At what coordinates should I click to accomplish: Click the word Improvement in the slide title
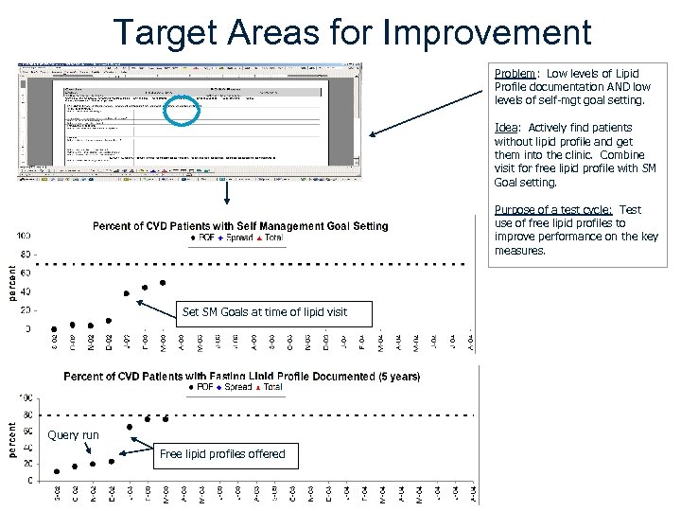(x=487, y=32)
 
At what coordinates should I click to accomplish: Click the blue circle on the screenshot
(x=182, y=111)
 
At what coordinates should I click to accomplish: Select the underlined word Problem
(x=515, y=74)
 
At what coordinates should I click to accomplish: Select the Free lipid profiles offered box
(x=221, y=454)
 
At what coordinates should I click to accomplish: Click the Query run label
(x=73, y=435)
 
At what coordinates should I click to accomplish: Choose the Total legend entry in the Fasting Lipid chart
(x=271, y=387)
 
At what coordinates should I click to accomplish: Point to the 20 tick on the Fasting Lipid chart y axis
(x=32, y=463)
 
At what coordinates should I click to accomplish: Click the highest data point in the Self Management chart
(x=163, y=282)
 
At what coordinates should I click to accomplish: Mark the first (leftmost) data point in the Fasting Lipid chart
(x=57, y=471)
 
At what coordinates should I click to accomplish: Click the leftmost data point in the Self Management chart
(x=54, y=328)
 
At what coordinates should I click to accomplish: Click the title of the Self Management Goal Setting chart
(x=239, y=226)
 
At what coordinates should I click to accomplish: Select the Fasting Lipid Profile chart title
(x=241, y=376)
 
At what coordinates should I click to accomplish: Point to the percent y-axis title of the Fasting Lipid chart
(x=12, y=440)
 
